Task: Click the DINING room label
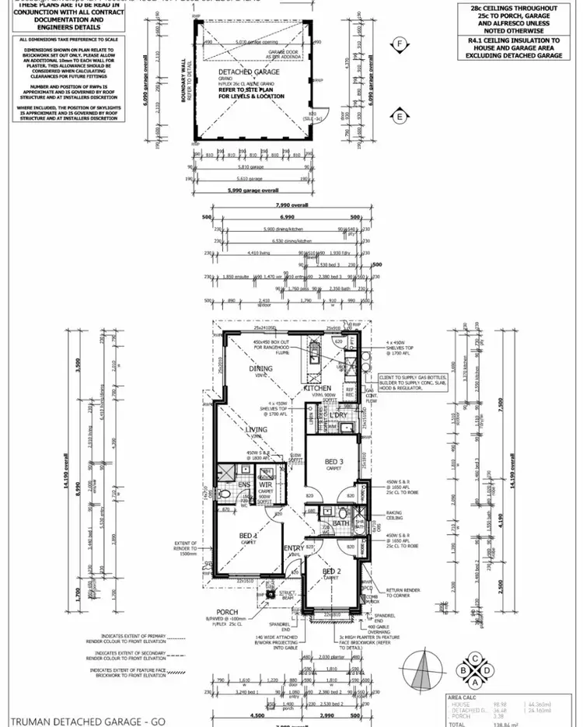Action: point(261,369)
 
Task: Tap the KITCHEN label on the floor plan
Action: point(317,388)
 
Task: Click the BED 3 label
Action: point(335,462)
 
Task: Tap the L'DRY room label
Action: point(337,416)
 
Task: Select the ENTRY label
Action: point(294,549)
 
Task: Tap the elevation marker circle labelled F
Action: point(400,44)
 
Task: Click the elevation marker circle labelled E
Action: point(400,117)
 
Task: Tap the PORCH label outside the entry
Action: point(227,612)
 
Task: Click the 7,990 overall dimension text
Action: point(288,204)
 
